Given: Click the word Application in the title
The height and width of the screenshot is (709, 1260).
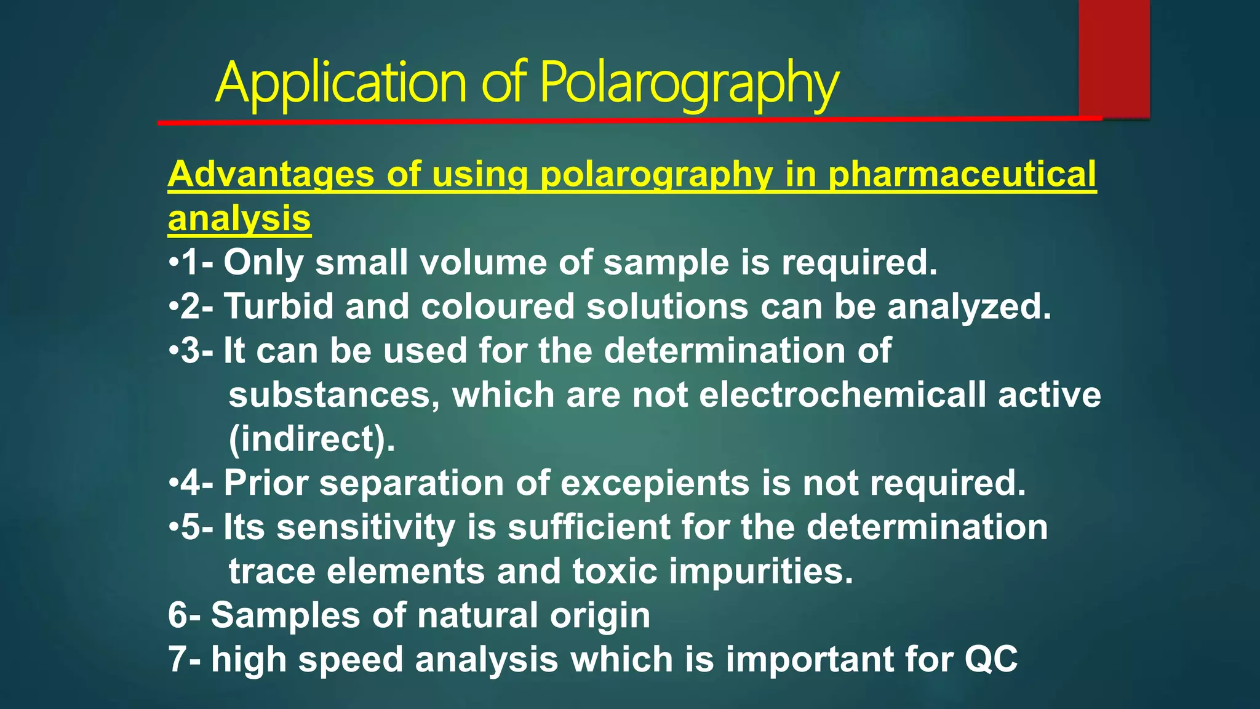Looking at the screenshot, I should pyautogui.click(x=341, y=83).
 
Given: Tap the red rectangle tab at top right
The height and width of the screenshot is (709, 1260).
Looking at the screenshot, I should pyautogui.click(x=1114, y=58).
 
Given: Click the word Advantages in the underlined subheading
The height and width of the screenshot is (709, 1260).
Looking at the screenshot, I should pyautogui.click(x=271, y=174).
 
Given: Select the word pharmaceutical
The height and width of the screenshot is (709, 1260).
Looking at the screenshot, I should pyautogui.click(x=962, y=174).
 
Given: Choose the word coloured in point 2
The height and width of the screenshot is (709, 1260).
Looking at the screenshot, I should pyautogui.click(x=498, y=306).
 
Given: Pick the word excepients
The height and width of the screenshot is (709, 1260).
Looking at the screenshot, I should pyautogui.click(x=655, y=483).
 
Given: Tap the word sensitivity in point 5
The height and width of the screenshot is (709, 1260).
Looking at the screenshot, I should pyautogui.click(x=366, y=527).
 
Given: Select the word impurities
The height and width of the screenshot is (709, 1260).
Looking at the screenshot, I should pyautogui.click(x=761, y=571).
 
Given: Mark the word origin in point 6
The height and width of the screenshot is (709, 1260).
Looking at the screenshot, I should pyautogui.click(x=600, y=615).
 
